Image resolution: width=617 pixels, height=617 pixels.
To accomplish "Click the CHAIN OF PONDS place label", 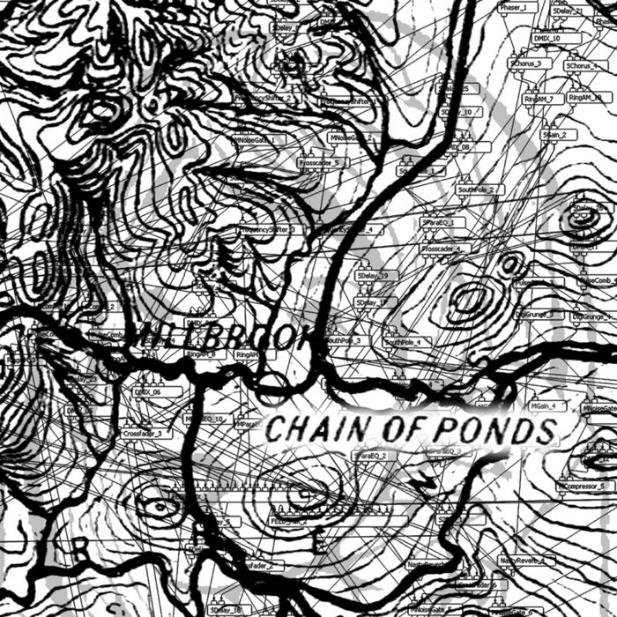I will point(412,429).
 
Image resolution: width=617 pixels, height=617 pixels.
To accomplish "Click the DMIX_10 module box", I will point(547,39).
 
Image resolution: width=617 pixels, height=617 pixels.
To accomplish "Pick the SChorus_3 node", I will point(530,64).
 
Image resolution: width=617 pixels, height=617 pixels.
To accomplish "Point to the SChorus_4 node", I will point(582,66).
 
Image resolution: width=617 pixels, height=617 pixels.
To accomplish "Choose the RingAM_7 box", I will point(537,99).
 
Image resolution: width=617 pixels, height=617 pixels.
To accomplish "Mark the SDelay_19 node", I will point(378,276).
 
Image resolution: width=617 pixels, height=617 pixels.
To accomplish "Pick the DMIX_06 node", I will point(148,391).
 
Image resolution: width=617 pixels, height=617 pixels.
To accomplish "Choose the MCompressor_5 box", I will point(582,486).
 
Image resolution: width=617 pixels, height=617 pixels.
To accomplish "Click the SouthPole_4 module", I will point(403,341).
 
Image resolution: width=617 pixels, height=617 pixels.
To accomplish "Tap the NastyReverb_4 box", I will point(522,560).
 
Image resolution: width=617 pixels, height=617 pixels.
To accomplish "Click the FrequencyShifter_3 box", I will point(270,230).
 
